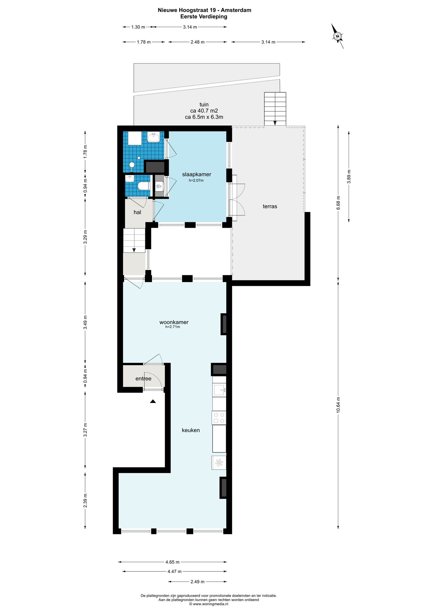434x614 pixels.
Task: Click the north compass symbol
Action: pyautogui.click(x=337, y=36)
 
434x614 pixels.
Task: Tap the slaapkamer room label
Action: pyautogui.click(x=197, y=174)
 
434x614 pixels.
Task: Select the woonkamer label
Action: pyautogui.click(x=174, y=322)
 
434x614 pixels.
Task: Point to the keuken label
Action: pyautogui.click(x=191, y=430)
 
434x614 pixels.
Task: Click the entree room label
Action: pyautogui.click(x=143, y=379)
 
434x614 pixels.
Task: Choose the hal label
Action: pyautogui.click(x=137, y=212)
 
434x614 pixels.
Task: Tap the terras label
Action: pyautogui.click(x=270, y=206)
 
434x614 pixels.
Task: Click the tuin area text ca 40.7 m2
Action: pyautogui.click(x=204, y=111)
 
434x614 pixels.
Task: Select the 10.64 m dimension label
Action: pyautogui.click(x=338, y=405)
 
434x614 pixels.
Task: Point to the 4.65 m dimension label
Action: pyautogui.click(x=172, y=562)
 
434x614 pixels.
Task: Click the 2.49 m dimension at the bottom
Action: pyautogui.click(x=197, y=582)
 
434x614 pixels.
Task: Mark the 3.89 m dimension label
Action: pyautogui.click(x=349, y=177)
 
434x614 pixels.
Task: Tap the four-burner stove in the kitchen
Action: pyautogui.click(x=219, y=418)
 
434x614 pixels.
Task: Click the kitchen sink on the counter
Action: pyautogui.click(x=219, y=390)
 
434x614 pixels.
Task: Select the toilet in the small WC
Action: pyautogui.click(x=144, y=186)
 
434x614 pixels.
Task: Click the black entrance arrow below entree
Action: pyautogui.click(x=153, y=401)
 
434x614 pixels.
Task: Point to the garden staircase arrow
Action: pyautogui.click(x=275, y=123)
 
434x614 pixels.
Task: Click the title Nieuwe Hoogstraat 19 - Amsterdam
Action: pyautogui.click(x=204, y=10)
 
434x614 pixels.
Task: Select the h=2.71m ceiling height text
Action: pyautogui.click(x=173, y=327)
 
